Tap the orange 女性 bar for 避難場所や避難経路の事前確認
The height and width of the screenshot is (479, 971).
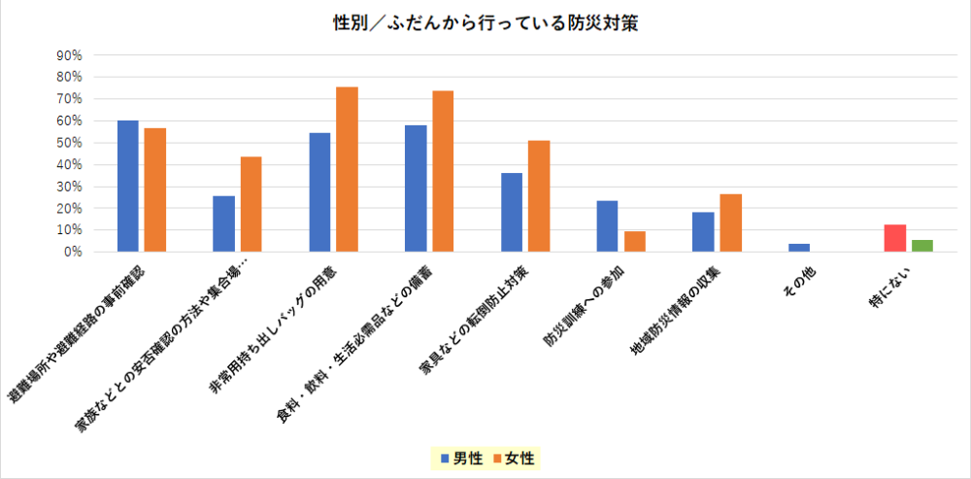(x=155, y=190)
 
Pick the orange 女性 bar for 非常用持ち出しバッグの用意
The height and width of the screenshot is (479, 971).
(x=347, y=169)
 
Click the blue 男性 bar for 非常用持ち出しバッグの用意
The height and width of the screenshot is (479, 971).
(x=319, y=192)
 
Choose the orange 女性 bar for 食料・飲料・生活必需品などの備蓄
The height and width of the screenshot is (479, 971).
(x=443, y=171)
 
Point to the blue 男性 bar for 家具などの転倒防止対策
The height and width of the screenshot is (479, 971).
(x=511, y=213)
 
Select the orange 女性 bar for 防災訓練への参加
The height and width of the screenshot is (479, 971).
(x=635, y=242)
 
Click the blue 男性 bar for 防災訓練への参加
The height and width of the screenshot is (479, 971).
(x=607, y=226)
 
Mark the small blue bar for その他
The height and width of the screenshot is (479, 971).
(x=799, y=248)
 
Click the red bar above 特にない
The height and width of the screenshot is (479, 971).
(x=894, y=238)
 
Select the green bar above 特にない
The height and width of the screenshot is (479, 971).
(x=922, y=246)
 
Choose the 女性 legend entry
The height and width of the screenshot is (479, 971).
(x=514, y=458)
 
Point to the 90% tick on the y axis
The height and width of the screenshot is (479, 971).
(x=69, y=54)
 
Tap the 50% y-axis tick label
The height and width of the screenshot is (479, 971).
(x=69, y=143)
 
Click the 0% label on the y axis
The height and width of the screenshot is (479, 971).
(x=73, y=253)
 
